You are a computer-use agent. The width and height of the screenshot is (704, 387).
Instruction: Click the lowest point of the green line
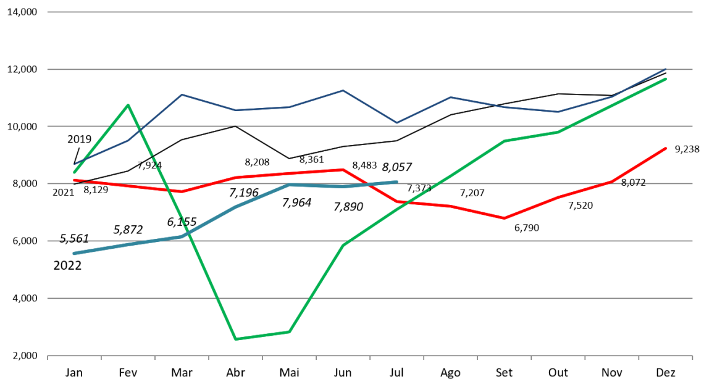tap(236, 339)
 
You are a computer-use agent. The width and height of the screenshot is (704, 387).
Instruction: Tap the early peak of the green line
tap(128, 105)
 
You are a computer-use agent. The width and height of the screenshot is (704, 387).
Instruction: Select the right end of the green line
tap(666, 79)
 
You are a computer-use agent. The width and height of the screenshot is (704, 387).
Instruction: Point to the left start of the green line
tap(74, 173)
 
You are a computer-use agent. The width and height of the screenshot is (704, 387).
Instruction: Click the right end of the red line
tap(666, 148)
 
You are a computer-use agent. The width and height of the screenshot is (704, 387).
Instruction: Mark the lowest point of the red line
tap(505, 218)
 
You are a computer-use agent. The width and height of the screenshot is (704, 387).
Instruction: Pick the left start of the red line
tap(74, 180)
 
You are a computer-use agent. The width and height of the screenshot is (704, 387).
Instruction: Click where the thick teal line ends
tap(397, 182)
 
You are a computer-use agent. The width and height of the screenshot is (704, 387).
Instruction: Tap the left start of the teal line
tap(74, 253)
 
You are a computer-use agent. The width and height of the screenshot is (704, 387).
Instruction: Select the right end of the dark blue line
tap(666, 69)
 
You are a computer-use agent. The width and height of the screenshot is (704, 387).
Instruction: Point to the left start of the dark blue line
tap(75, 165)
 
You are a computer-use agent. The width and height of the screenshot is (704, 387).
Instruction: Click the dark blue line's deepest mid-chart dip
tap(397, 123)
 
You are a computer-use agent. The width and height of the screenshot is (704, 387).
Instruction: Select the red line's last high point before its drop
tap(343, 169)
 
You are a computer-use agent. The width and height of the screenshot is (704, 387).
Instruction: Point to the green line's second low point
tap(289, 332)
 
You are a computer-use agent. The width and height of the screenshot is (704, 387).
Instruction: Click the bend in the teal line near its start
tap(182, 236)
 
